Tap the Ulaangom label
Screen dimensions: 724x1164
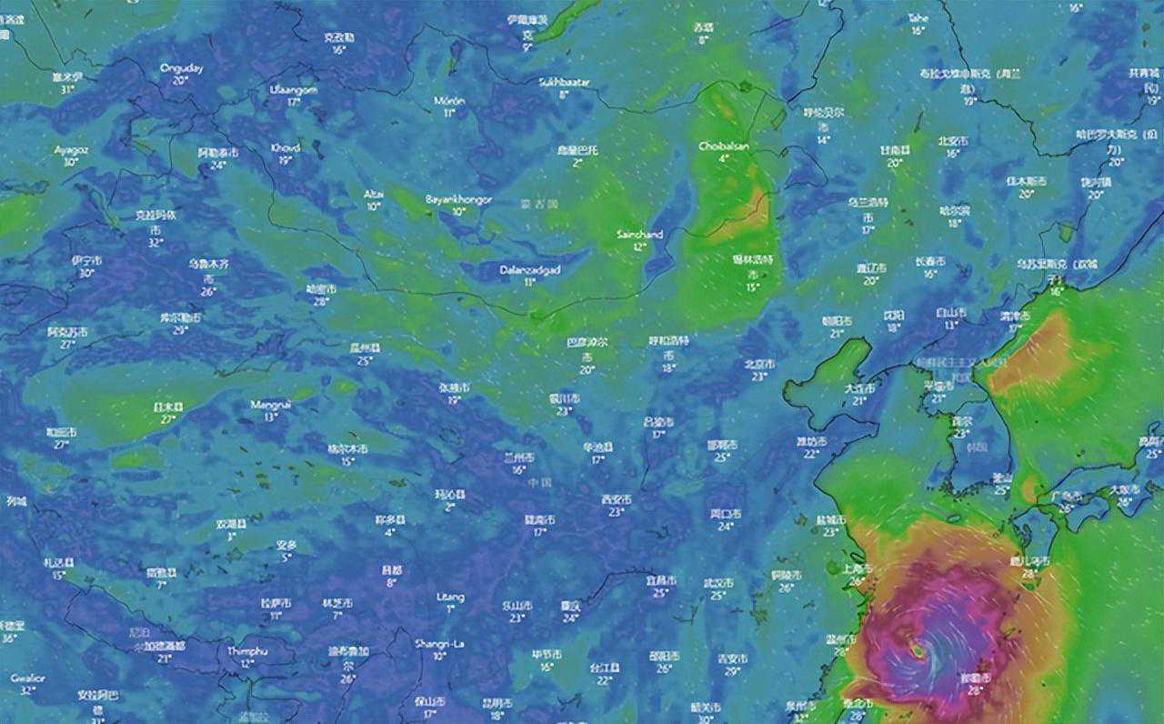(293, 90)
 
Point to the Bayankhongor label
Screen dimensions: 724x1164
(458, 199)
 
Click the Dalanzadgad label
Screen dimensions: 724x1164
(529, 270)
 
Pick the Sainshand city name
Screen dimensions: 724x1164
(639, 235)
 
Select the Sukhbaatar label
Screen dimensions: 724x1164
(564, 82)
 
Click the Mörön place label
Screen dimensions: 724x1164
(448, 101)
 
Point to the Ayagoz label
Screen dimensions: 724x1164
(69, 150)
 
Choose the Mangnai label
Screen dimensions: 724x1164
(271, 405)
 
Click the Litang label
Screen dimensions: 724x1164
(450, 598)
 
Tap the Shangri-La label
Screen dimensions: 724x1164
(439, 644)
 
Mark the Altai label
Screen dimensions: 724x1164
(374, 195)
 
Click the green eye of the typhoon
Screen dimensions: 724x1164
(918, 651)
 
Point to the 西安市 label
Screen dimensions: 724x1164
(616, 500)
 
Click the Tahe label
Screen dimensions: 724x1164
(918, 18)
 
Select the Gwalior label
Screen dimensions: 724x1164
(22, 679)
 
